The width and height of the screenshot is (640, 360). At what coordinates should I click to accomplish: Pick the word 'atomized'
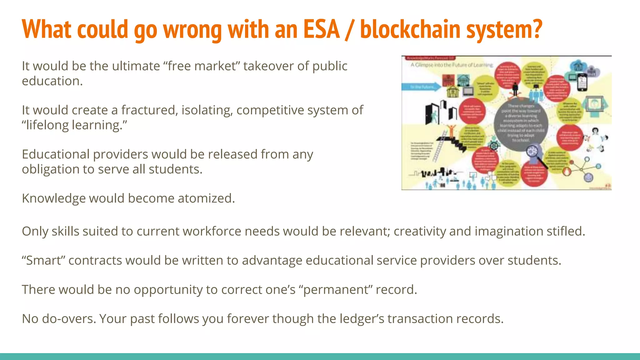click(x=206, y=198)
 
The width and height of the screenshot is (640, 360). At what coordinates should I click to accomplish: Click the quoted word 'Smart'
click(x=43, y=260)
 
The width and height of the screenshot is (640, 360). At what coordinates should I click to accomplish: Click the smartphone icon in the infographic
click(x=582, y=83)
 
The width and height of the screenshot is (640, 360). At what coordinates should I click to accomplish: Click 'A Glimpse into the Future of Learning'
click(x=452, y=65)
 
